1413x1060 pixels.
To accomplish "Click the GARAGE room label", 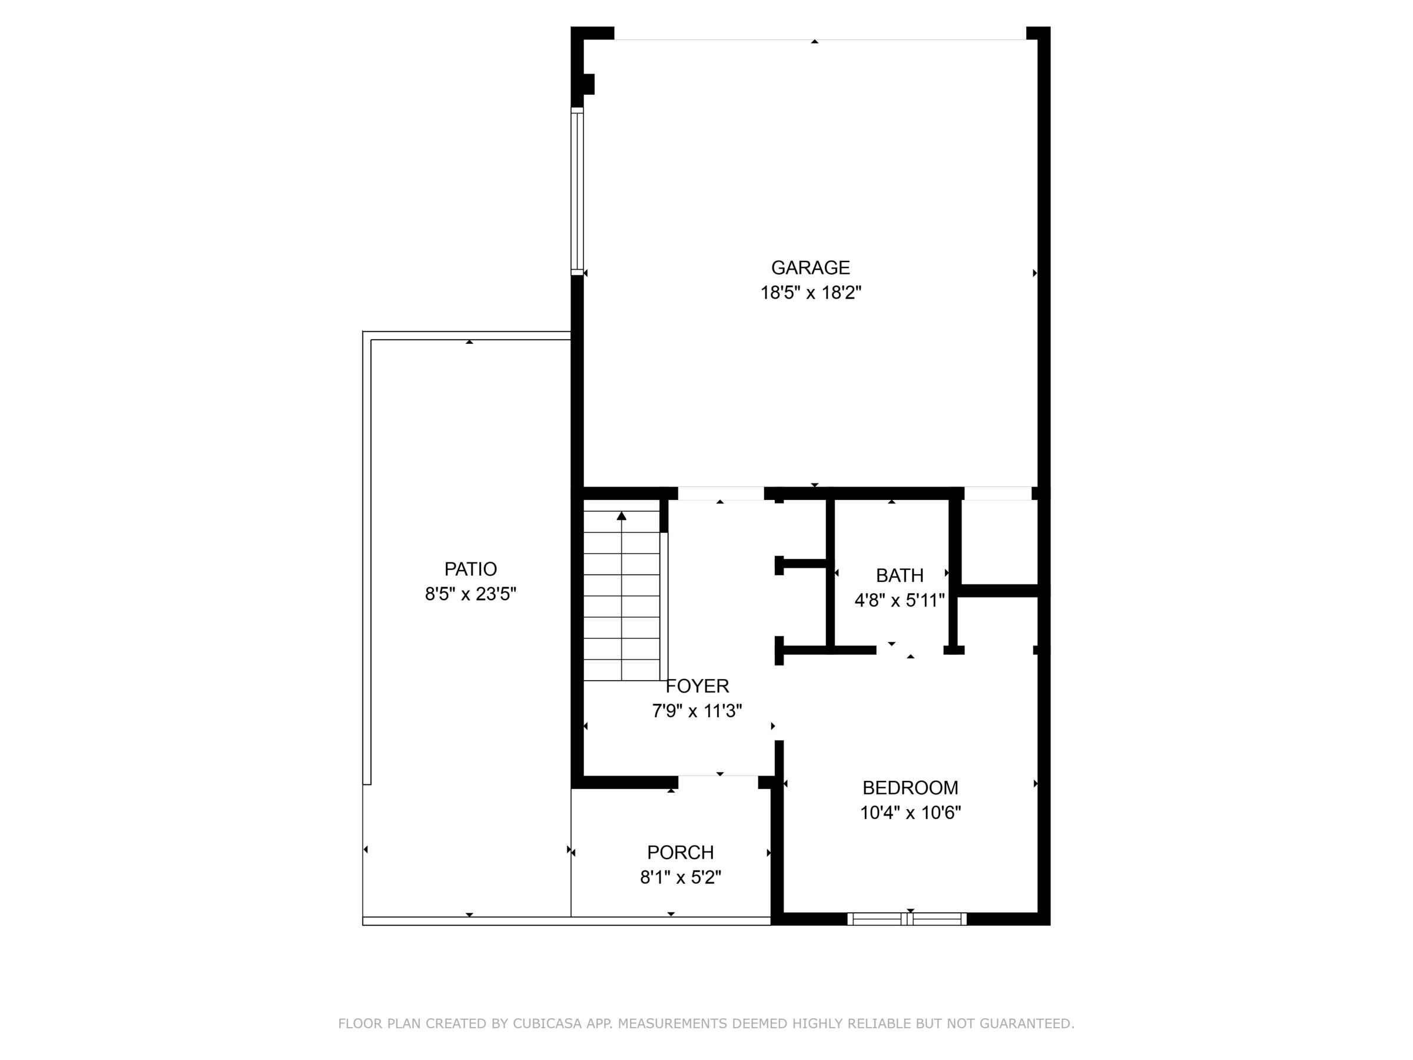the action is (810, 267).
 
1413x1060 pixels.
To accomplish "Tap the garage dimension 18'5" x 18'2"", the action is (811, 293).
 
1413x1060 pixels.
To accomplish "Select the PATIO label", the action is (471, 569).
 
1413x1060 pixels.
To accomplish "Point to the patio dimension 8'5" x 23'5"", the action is (471, 594).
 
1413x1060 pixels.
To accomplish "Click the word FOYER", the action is (698, 685).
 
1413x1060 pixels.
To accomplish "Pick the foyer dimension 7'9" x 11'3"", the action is (697, 711).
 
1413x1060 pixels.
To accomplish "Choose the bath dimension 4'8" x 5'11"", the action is (900, 601).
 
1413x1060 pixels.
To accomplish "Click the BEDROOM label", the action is (910, 787).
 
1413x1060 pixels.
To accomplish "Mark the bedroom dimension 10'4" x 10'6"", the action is (910, 813).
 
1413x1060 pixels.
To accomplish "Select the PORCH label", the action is (681, 852).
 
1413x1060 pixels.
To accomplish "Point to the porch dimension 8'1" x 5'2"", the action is (681, 877).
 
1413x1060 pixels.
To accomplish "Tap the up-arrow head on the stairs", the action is (622, 516).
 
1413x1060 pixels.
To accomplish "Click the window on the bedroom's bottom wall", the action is (907, 919).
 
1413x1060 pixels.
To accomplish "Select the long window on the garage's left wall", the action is (578, 191).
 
